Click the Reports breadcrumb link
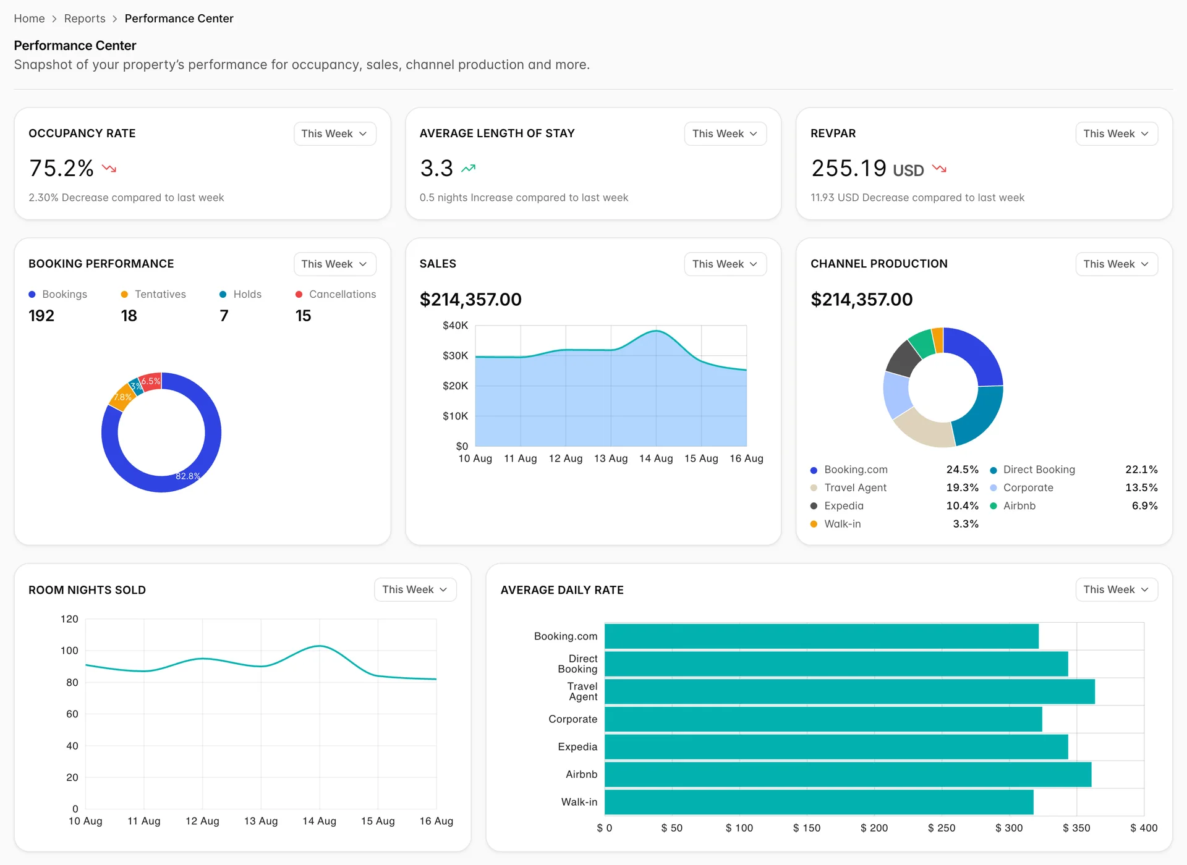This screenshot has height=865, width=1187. click(85, 19)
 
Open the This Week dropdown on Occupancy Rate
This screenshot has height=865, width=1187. click(334, 133)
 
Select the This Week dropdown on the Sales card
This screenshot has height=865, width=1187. click(725, 264)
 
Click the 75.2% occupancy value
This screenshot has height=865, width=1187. click(61, 168)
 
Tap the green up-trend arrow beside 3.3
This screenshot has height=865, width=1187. click(469, 168)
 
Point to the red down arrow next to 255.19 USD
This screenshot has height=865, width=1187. click(939, 168)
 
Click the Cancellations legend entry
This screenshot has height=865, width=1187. click(336, 294)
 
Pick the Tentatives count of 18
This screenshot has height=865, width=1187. click(129, 316)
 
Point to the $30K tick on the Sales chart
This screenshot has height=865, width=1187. click(455, 355)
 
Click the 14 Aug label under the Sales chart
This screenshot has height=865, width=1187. click(656, 458)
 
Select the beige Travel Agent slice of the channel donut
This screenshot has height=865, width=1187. click(923, 428)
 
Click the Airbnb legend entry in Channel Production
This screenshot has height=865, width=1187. click(1013, 505)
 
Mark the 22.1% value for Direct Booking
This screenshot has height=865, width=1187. click(1141, 470)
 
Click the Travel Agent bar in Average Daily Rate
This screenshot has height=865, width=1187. click(849, 691)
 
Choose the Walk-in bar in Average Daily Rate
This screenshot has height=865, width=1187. click(819, 802)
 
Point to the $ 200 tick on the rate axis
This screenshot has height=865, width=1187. click(874, 828)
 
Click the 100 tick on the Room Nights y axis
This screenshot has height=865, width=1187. click(69, 651)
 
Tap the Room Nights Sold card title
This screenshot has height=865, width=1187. click(87, 590)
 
